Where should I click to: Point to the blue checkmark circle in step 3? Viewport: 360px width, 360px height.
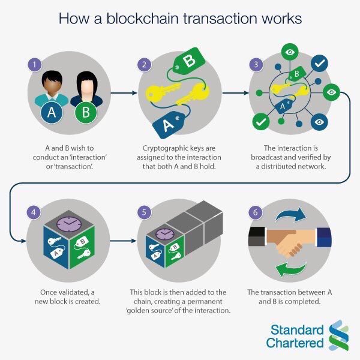click(x=320, y=63)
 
